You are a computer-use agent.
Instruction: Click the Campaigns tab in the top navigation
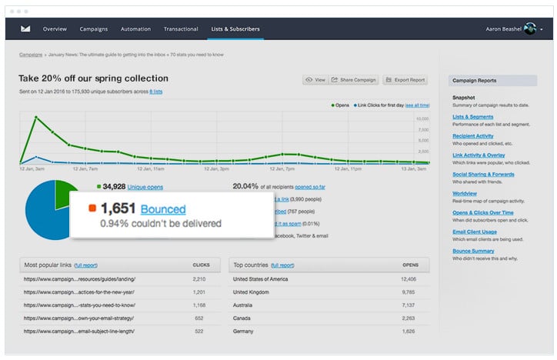(x=94, y=29)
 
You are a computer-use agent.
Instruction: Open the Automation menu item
(x=135, y=29)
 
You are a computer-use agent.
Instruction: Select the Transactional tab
(x=181, y=29)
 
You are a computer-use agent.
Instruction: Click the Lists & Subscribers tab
(x=236, y=29)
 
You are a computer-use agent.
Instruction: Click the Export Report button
(x=405, y=79)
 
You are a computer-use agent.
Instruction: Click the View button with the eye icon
(x=315, y=79)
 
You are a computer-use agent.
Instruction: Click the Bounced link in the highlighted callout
(x=162, y=208)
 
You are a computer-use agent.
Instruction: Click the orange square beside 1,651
(x=92, y=208)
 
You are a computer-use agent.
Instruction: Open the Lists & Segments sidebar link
(x=473, y=117)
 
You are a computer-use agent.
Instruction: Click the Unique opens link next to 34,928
(x=146, y=186)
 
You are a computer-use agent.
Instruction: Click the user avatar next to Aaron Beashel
(x=529, y=29)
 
